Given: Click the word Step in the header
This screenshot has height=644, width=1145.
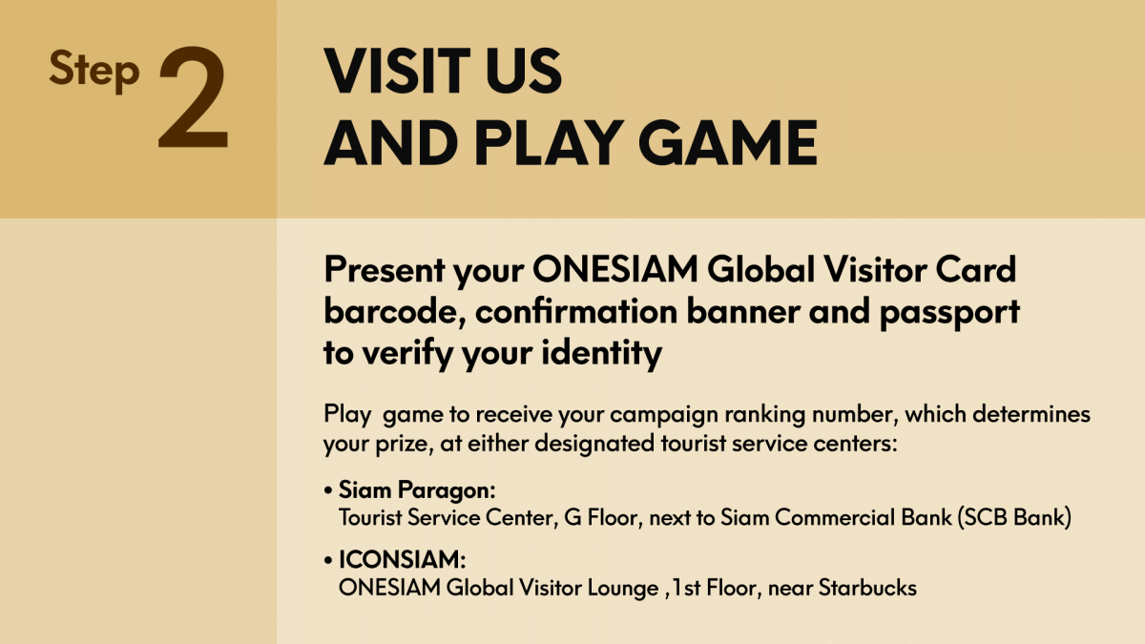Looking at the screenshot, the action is click(x=94, y=71).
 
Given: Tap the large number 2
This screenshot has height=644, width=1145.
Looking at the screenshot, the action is click(x=193, y=97).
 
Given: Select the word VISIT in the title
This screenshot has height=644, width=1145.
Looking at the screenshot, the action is click(x=397, y=71).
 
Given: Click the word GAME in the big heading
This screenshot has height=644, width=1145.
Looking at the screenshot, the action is click(x=727, y=142).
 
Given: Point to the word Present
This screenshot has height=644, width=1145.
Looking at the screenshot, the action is click(x=385, y=270).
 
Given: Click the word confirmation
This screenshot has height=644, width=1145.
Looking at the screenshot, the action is click(x=576, y=311).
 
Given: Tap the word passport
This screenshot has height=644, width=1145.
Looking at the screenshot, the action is click(x=949, y=313).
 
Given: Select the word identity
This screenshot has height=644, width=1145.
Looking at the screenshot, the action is click(x=602, y=354).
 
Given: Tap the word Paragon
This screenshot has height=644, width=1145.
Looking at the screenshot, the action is click(x=447, y=491).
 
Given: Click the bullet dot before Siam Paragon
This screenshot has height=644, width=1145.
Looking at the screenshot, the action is click(x=328, y=491).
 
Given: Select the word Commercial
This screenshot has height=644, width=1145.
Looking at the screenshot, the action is click(x=863, y=518).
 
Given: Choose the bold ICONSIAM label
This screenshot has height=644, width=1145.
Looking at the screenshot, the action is click(x=403, y=560).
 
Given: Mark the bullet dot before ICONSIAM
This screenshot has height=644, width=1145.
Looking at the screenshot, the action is click(x=328, y=561).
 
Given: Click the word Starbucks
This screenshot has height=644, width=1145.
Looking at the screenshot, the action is click(x=867, y=588).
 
